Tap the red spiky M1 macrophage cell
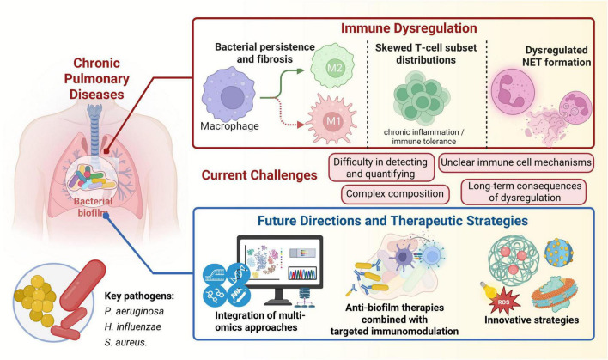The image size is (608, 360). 332,120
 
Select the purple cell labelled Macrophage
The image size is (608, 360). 228,95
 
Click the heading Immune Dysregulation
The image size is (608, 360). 409,28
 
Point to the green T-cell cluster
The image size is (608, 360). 422,99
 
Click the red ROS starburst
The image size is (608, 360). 503,301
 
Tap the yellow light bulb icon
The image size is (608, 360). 488,290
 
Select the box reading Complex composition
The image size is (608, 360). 395,194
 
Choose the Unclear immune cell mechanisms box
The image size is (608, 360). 516,162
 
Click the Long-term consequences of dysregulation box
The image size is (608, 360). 524,192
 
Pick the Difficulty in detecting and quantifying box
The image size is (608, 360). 381,168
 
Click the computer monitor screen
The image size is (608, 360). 280,261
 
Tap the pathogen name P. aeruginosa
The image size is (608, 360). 134,311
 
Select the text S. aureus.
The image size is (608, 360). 125,342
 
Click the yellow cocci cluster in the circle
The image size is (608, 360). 35,300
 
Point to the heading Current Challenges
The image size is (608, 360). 259,175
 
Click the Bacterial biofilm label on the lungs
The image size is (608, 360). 93,207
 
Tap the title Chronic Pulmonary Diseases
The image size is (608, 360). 96,79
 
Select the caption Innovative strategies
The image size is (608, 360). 532,320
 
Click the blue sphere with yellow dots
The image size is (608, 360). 559,253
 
